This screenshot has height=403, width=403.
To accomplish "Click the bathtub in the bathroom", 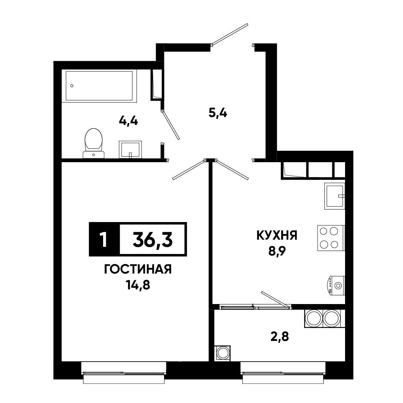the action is click(x=99, y=85).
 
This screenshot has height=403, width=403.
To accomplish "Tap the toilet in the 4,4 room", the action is click(x=94, y=143).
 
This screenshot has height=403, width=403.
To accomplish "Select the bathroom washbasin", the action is click(x=130, y=149).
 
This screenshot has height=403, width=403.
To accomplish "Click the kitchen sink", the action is click(x=335, y=196).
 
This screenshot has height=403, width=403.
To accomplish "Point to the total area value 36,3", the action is click(x=153, y=239).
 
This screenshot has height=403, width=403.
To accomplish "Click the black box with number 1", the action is click(x=104, y=239).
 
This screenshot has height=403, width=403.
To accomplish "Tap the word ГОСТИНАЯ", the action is click(x=138, y=270).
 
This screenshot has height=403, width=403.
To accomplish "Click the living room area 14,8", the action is click(x=138, y=284).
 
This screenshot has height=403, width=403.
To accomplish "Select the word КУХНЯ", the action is click(x=277, y=236).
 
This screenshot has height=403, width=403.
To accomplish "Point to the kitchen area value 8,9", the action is click(x=277, y=251).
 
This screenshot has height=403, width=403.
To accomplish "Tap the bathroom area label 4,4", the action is click(x=129, y=120).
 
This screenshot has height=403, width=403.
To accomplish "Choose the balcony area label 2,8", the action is click(x=280, y=336).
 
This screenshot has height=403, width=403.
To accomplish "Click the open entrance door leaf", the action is click(x=230, y=35).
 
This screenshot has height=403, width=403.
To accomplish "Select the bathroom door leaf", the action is click(x=170, y=125).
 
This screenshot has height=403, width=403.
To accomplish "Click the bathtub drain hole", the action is click(x=72, y=85).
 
